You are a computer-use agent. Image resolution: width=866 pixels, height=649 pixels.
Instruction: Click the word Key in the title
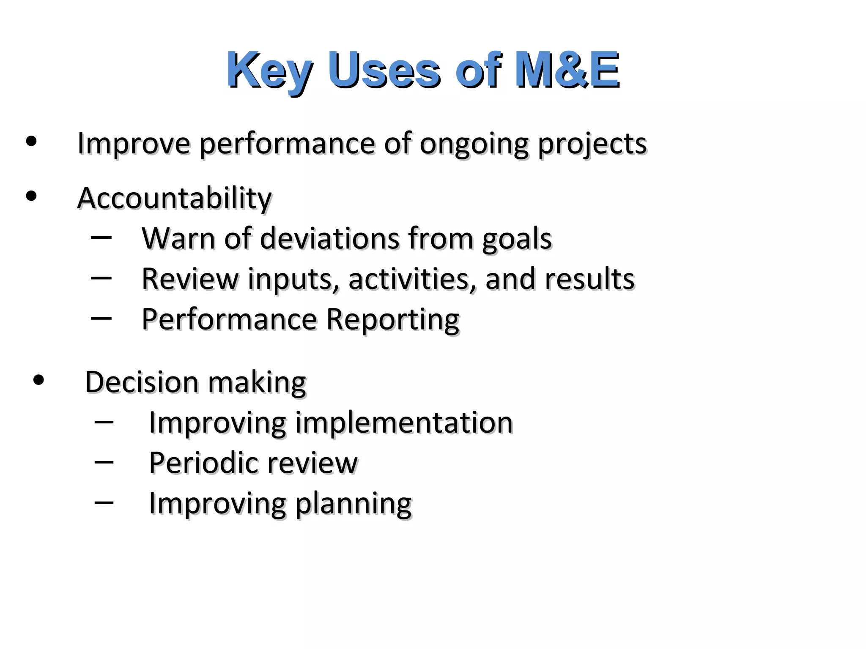click(x=269, y=71)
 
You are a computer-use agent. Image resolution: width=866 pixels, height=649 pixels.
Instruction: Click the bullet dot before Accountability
click(x=31, y=196)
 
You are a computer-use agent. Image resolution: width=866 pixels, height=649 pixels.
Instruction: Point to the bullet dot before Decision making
click(x=38, y=380)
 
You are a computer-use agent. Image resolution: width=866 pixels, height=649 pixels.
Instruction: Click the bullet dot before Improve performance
click(x=31, y=142)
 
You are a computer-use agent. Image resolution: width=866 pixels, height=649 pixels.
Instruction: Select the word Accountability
click(x=174, y=199)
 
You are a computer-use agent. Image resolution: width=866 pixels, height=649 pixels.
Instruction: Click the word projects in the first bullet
click(x=592, y=145)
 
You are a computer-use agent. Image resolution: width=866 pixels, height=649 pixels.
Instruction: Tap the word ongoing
click(x=474, y=145)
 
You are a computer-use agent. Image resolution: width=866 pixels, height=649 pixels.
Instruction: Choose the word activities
click(x=408, y=280)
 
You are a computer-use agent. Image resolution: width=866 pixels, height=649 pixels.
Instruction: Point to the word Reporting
click(x=393, y=320)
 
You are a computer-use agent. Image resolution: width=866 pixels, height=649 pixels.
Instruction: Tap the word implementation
click(x=404, y=423)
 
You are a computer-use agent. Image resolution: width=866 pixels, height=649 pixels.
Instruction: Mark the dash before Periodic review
click(x=104, y=462)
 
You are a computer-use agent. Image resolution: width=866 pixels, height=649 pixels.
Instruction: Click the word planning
click(x=353, y=504)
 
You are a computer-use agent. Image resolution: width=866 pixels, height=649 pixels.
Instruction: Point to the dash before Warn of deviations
click(x=101, y=237)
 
